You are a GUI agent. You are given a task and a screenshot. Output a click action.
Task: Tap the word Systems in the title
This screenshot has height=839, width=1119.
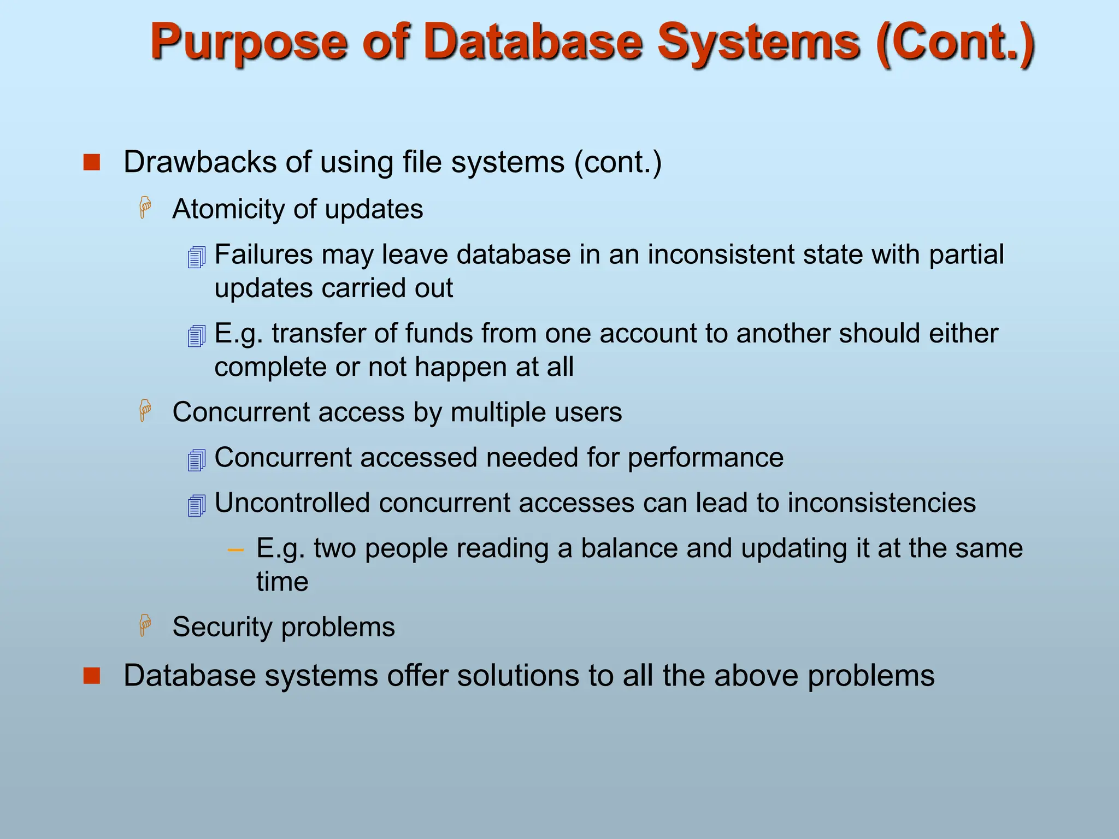pyautogui.click(x=758, y=43)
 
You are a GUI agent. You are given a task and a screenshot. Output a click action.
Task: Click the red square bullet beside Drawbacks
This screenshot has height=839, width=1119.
pyautogui.click(x=92, y=163)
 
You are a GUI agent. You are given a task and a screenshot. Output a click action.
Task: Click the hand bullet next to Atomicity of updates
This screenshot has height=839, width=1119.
pyautogui.click(x=145, y=208)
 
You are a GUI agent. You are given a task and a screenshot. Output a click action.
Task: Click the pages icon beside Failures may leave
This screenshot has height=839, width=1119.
pyautogui.click(x=196, y=257)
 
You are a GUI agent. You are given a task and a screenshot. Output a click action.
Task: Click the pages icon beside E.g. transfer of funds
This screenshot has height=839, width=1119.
pyautogui.click(x=196, y=335)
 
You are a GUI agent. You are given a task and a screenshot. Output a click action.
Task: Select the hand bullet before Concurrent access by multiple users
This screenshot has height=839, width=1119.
pyautogui.click(x=145, y=411)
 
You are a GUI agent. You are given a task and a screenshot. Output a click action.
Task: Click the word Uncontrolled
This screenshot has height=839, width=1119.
pyautogui.click(x=292, y=503)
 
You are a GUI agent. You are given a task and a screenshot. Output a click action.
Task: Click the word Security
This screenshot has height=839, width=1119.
pyautogui.click(x=222, y=627)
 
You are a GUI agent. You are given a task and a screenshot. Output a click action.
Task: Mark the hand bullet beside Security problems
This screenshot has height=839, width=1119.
pyautogui.click(x=145, y=625)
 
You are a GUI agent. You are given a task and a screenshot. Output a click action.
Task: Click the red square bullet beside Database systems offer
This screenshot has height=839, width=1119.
pyautogui.click(x=92, y=676)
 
